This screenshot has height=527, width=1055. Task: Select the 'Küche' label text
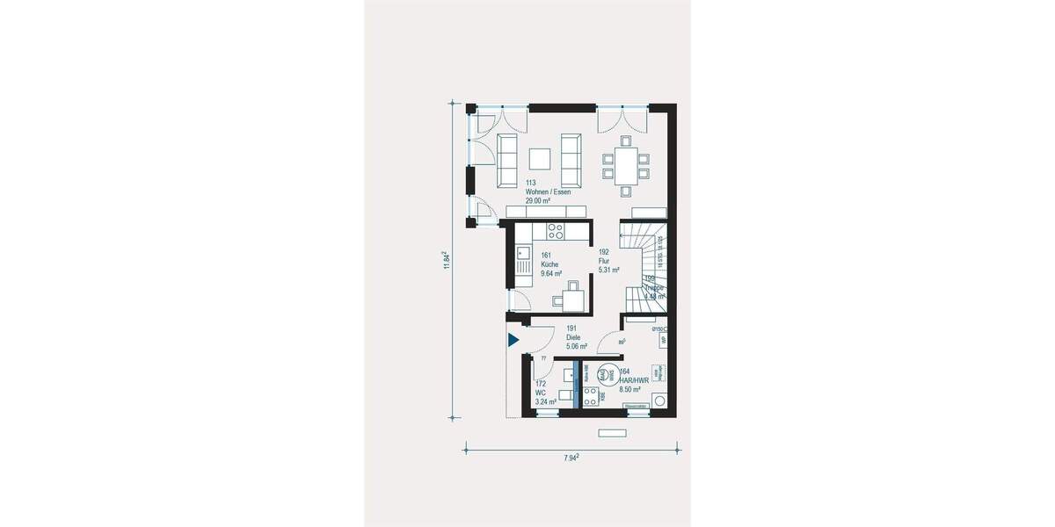[x=549, y=264]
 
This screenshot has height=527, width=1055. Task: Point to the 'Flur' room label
[x=604, y=260]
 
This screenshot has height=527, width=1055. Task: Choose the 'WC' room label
[x=541, y=393]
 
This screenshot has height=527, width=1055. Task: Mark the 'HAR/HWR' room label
[x=635, y=380]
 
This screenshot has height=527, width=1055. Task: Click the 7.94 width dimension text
[x=569, y=458]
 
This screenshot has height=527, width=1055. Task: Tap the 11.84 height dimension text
[x=447, y=261]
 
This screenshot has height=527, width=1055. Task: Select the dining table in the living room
[x=625, y=163]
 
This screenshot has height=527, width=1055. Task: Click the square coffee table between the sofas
[x=539, y=158]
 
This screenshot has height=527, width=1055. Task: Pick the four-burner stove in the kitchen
[x=556, y=231]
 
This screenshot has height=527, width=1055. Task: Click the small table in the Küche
[x=571, y=299]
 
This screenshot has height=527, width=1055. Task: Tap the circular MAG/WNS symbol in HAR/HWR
[x=605, y=374]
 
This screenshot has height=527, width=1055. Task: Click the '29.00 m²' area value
[x=538, y=200]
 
